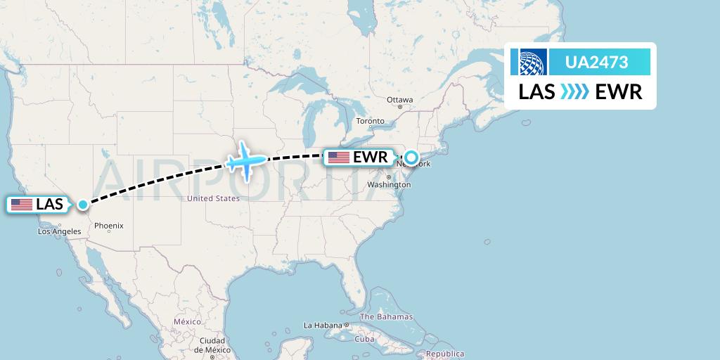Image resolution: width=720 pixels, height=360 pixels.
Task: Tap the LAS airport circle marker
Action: (x=83, y=205)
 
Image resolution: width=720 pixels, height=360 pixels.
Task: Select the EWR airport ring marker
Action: (x=411, y=157)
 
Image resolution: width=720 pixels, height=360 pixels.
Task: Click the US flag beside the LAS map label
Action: (x=22, y=205)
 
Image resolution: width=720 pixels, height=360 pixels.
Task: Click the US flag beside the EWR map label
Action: (x=339, y=157)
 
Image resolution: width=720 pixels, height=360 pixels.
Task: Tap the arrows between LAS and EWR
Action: (x=575, y=92)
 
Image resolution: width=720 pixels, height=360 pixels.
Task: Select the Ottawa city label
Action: (x=399, y=100)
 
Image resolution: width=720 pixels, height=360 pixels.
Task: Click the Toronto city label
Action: (x=370, y=121)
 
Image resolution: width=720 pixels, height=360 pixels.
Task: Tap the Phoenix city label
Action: (x=109, y=226)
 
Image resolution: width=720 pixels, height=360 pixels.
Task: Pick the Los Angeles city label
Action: (x=60, y=231)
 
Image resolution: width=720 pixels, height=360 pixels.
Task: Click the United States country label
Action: (x=213, y=199)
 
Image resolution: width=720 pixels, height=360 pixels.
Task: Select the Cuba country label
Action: (x=364, y=339)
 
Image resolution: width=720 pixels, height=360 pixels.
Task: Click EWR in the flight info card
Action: (x=619, y=92)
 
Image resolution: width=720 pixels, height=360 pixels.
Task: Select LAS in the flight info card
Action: (x=537, y=92)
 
